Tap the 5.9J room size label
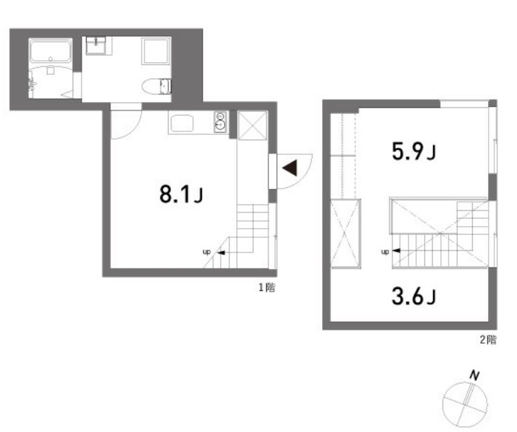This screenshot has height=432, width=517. click(413, 151)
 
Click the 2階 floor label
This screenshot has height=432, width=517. click(488, 339)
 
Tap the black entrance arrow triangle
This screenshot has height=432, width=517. click(290, 169)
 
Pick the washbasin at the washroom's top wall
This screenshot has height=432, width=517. click(96, 46)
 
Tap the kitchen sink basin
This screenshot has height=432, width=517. click(182, 124)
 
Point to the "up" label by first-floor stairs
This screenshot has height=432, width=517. click(206, 252)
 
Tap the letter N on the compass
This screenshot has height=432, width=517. click(474, 375)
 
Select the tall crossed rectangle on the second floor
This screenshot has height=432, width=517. click(345, 233)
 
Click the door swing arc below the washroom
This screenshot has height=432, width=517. click(126, 122)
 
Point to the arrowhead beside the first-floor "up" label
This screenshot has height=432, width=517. click(221, 252)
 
